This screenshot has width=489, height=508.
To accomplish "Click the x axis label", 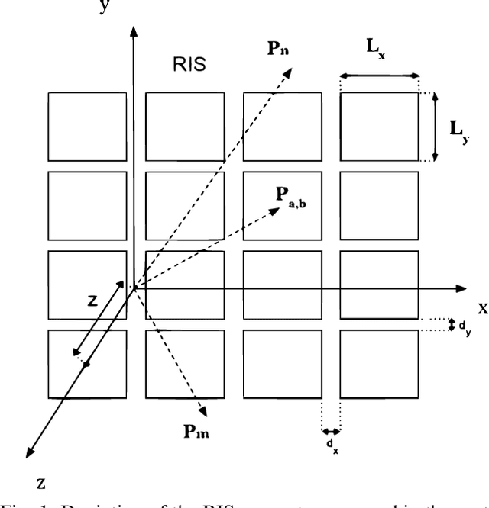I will coord(483,308).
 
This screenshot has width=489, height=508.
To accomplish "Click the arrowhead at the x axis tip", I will coord(461,288).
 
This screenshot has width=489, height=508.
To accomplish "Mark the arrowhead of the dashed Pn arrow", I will coord(290,70).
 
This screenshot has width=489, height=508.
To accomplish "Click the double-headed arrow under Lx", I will coord(380,76).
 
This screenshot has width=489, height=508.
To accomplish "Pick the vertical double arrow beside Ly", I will coord(435,127).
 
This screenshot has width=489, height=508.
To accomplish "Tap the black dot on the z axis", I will coord(86,364).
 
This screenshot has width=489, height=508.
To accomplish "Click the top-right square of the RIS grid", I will coord(380,127).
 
